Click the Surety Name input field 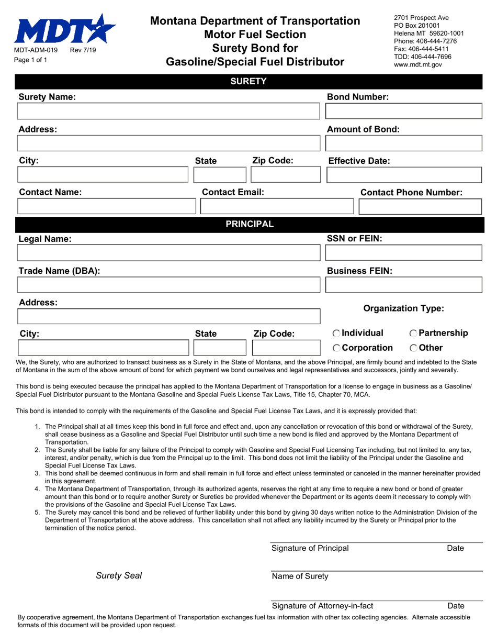[x=168, y=112]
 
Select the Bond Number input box [x=403, y=112]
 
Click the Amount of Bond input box [x=403, y=143]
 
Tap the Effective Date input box [x=403, y=175]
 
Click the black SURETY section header [x=249, y=81]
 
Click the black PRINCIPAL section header [x=249, y=224]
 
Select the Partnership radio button [x=413, y=334]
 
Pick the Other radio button [x=413, y=348]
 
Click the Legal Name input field [x=168, y=253]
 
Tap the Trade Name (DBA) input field [x=168, y=285]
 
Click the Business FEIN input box [x=403, y=285]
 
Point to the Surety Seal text [x=119, y=576]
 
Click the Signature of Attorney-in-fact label [x=322, y=606]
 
